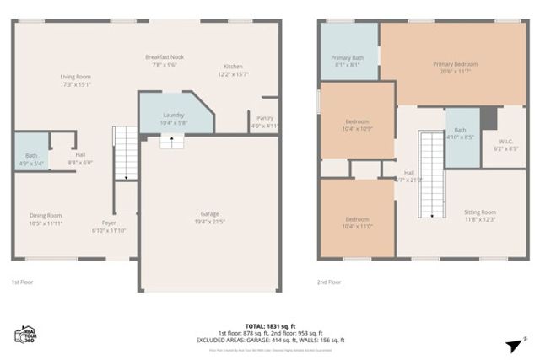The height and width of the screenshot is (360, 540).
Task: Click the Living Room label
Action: coord(75,80)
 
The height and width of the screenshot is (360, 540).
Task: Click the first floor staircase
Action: coord(125,152)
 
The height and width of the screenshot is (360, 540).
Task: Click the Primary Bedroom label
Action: coord(456,68)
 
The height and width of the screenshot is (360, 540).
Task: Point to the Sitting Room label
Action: coord(481,216)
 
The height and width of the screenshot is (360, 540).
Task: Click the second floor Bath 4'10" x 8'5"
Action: coord(460,133)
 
